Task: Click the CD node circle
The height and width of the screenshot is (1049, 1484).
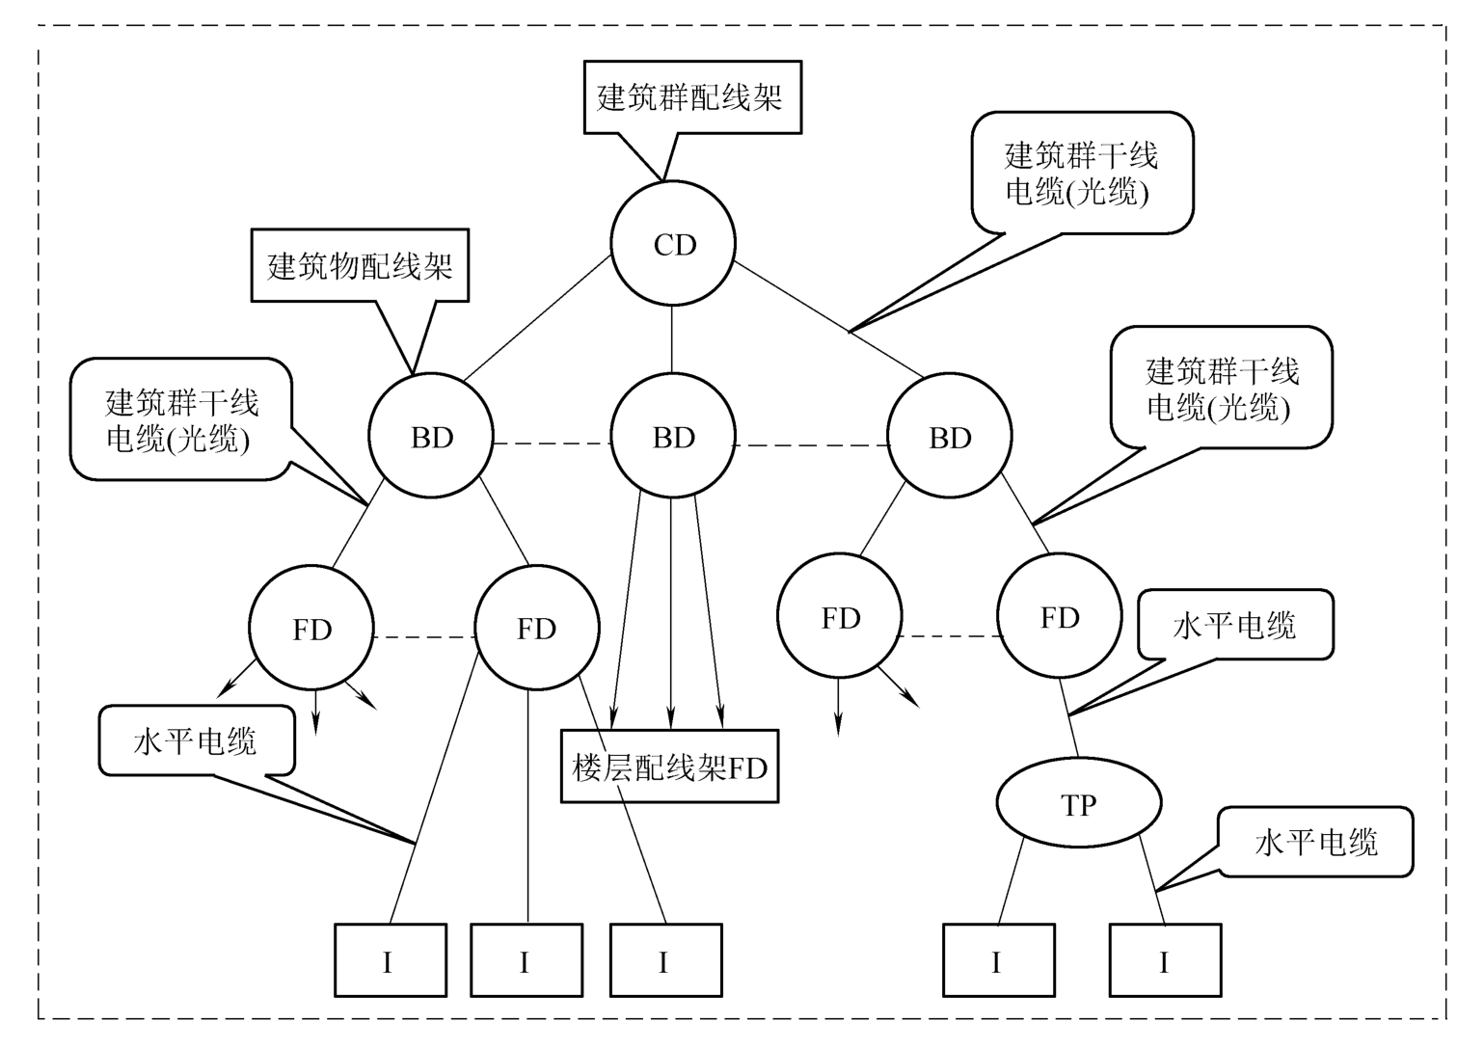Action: click(673, 244)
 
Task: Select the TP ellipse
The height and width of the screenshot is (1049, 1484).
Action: click(1078, 803)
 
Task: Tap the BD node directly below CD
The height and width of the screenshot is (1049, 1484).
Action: click(673, 437)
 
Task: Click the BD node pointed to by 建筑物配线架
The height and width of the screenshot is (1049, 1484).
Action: click(431, 437)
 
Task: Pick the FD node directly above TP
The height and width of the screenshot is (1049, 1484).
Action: click(1059, 616)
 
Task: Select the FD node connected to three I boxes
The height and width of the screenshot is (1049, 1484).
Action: click(536, 628)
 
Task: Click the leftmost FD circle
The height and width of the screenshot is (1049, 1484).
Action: click(311, 629)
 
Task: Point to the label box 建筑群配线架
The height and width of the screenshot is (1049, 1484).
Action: click(691, 97)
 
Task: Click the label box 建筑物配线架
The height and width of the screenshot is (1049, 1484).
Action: click(360, 265)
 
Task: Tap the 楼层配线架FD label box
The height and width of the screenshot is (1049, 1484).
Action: click(669, 767)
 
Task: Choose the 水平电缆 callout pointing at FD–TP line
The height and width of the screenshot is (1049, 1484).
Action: click(1235, 626)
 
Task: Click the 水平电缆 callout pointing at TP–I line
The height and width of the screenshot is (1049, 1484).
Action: click(1315, 842)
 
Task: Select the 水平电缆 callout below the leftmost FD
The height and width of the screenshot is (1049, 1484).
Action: click(196, 740)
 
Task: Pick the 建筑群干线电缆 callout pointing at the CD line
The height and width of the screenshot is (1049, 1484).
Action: click(1081, 174)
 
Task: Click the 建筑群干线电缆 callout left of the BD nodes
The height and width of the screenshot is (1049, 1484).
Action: click(181, 419)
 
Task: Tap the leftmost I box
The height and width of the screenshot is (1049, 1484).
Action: click(390, 960)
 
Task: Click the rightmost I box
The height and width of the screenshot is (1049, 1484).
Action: click(1164, 960)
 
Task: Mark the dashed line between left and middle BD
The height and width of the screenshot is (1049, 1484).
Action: click(553, 444)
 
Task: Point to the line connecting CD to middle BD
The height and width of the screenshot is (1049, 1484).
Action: click(672, 339)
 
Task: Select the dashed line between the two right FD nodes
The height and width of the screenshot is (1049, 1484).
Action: click(949, 636)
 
